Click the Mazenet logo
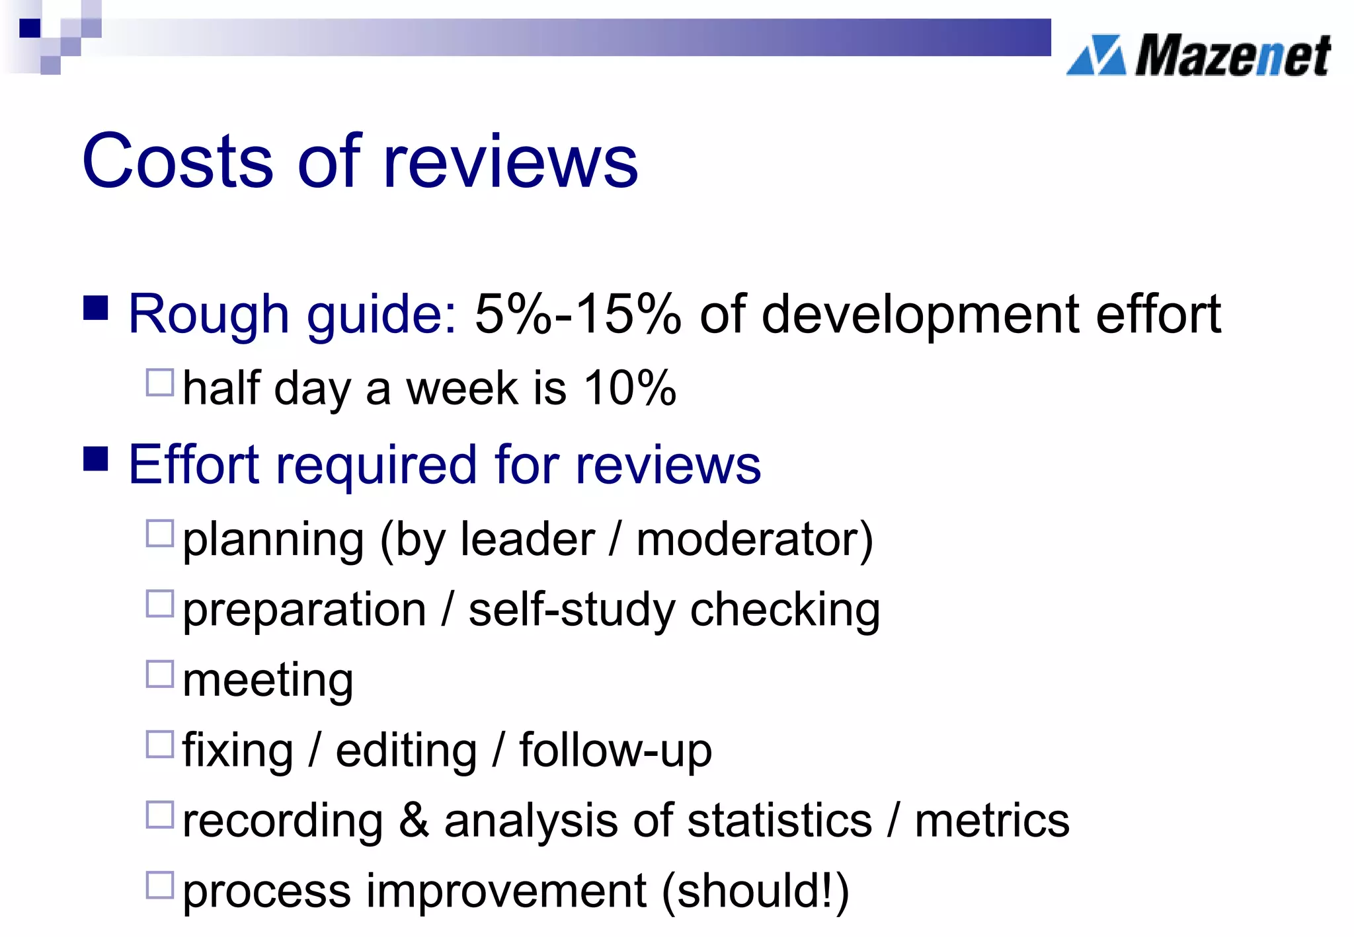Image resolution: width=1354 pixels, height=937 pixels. (1198, 56)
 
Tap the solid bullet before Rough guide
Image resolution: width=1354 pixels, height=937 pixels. (96, 307)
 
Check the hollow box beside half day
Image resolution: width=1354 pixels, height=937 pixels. (160, 383)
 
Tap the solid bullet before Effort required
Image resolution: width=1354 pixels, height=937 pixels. (96, 459)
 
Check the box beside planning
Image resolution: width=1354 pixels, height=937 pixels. (160, 533)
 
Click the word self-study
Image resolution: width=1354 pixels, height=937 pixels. (571, 609)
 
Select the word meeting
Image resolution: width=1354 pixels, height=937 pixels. (268, 681)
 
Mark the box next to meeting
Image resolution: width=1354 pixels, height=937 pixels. (160, 674)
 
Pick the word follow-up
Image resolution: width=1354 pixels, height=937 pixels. (616, 751)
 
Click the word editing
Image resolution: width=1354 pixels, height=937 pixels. (406, 751)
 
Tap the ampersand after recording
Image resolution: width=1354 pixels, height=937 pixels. (414, 821)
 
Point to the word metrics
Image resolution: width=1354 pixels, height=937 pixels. (992, 821)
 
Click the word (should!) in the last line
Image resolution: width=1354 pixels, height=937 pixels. (755, 891)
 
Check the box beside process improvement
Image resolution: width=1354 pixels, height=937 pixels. (160, 885)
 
